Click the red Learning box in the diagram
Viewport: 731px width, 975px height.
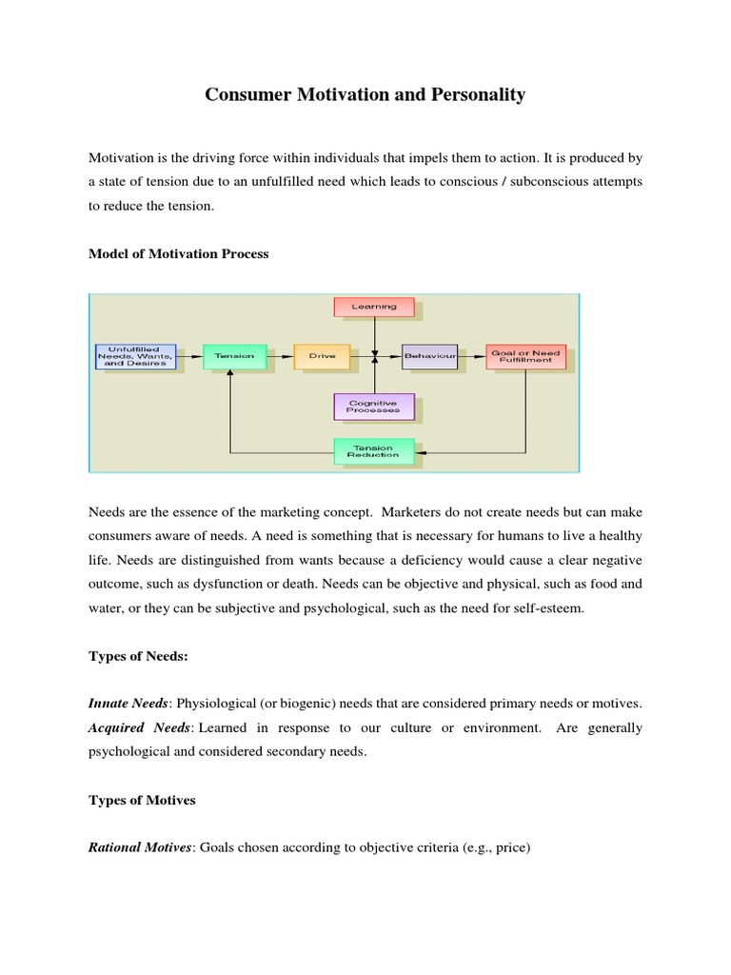click(374, 307)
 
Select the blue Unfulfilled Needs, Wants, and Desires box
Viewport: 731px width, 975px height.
click(134, 356)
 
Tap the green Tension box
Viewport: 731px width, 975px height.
click(234, 356)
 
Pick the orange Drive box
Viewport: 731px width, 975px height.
click(322, 356)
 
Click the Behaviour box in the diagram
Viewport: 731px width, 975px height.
click(429, 356)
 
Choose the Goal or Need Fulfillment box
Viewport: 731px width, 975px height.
click(524, 356)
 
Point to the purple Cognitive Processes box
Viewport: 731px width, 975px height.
click(374, 406)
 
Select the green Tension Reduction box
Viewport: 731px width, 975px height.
click(374, 450)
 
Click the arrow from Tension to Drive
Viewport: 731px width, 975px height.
click(279, 356)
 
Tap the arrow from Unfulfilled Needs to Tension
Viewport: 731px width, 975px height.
click(189, 356)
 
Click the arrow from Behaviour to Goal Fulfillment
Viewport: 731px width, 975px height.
click(471, 356)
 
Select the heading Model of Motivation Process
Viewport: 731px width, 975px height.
click(178, 254)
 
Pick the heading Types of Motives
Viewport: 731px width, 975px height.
click(142, 800)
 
